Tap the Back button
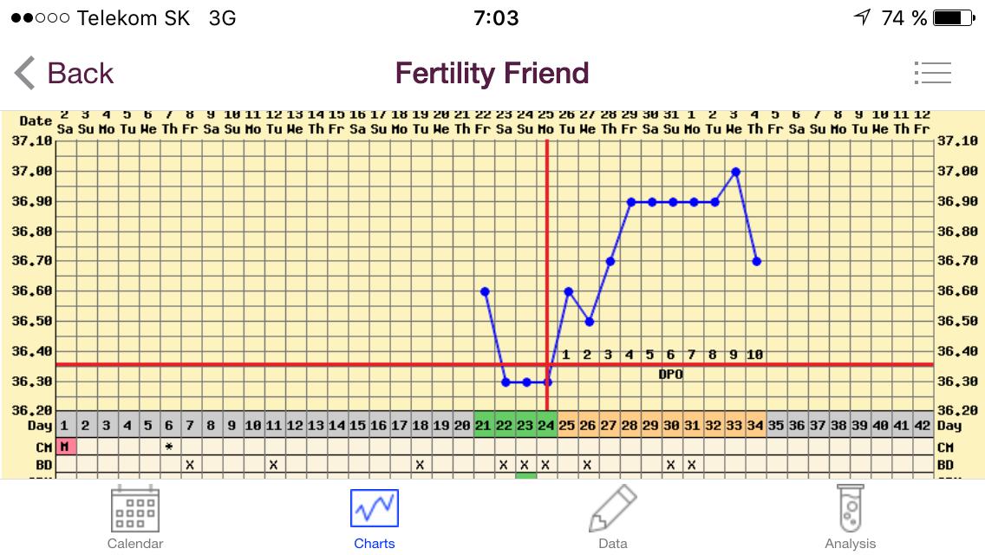pos(64,74)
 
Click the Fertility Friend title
pos(492,74)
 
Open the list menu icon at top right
pos(932,73)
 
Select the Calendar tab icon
pos(135,509)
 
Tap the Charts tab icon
pos(375,509)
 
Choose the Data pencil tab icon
pos(612,509)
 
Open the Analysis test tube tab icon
pos(850,509)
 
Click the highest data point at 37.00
pos(735,172)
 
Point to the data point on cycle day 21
pos(485,291)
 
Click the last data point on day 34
pos(756,261)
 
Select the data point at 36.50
pos(590,322)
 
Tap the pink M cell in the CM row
pos(65,447)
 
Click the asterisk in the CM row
pos(169,447)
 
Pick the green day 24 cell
pos(547,426)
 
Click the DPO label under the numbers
pos(670,374)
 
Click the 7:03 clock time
pos(496,17)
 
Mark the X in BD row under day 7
pos(190,465)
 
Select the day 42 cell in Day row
pos(923,426)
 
